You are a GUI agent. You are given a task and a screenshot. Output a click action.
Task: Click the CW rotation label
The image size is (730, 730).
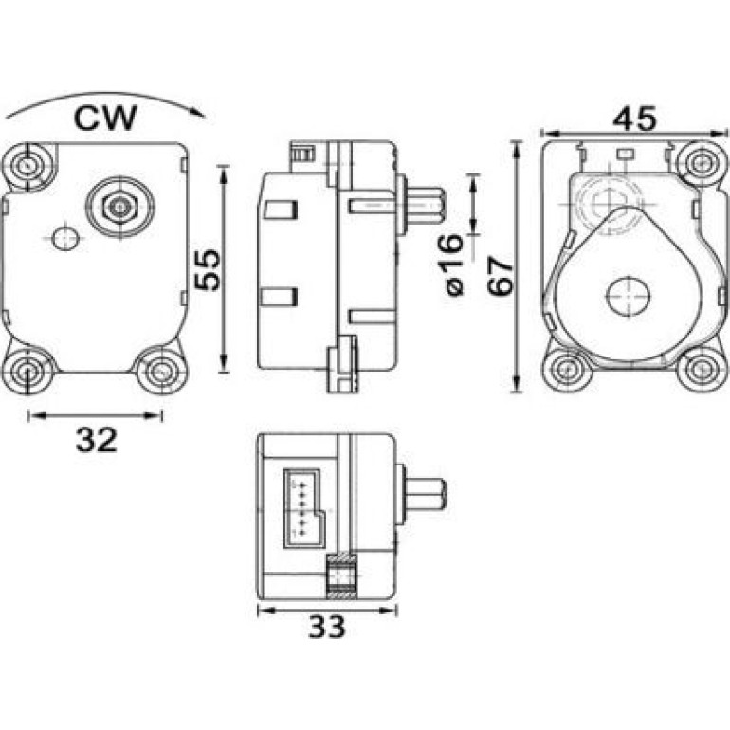click(105, 119)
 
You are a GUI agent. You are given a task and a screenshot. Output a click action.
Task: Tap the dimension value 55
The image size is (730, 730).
click(207, 270)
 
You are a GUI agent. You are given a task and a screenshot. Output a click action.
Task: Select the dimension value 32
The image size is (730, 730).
click(96, 440)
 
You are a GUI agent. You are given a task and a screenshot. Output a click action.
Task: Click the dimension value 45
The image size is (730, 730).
click(634, 119)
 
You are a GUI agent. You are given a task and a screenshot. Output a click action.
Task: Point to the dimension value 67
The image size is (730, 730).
click(500, 276)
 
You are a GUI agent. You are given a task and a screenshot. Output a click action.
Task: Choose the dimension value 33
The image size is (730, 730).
click(327, 627)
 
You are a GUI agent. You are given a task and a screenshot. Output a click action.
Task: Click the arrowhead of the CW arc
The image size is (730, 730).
click(199, 113)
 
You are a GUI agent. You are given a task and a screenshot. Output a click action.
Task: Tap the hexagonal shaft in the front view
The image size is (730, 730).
click(120, 207)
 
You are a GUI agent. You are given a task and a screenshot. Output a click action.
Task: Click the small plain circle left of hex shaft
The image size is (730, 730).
click(64, 238)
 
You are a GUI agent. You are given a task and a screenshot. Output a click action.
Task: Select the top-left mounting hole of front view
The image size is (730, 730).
click(27, 165)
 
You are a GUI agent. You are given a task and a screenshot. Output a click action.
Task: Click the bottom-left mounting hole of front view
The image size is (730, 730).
click(27, 370)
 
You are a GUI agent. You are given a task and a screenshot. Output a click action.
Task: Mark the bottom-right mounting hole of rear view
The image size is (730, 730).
click(700, 369)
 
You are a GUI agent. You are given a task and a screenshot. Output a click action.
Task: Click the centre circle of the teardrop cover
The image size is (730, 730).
click(628, 297)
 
